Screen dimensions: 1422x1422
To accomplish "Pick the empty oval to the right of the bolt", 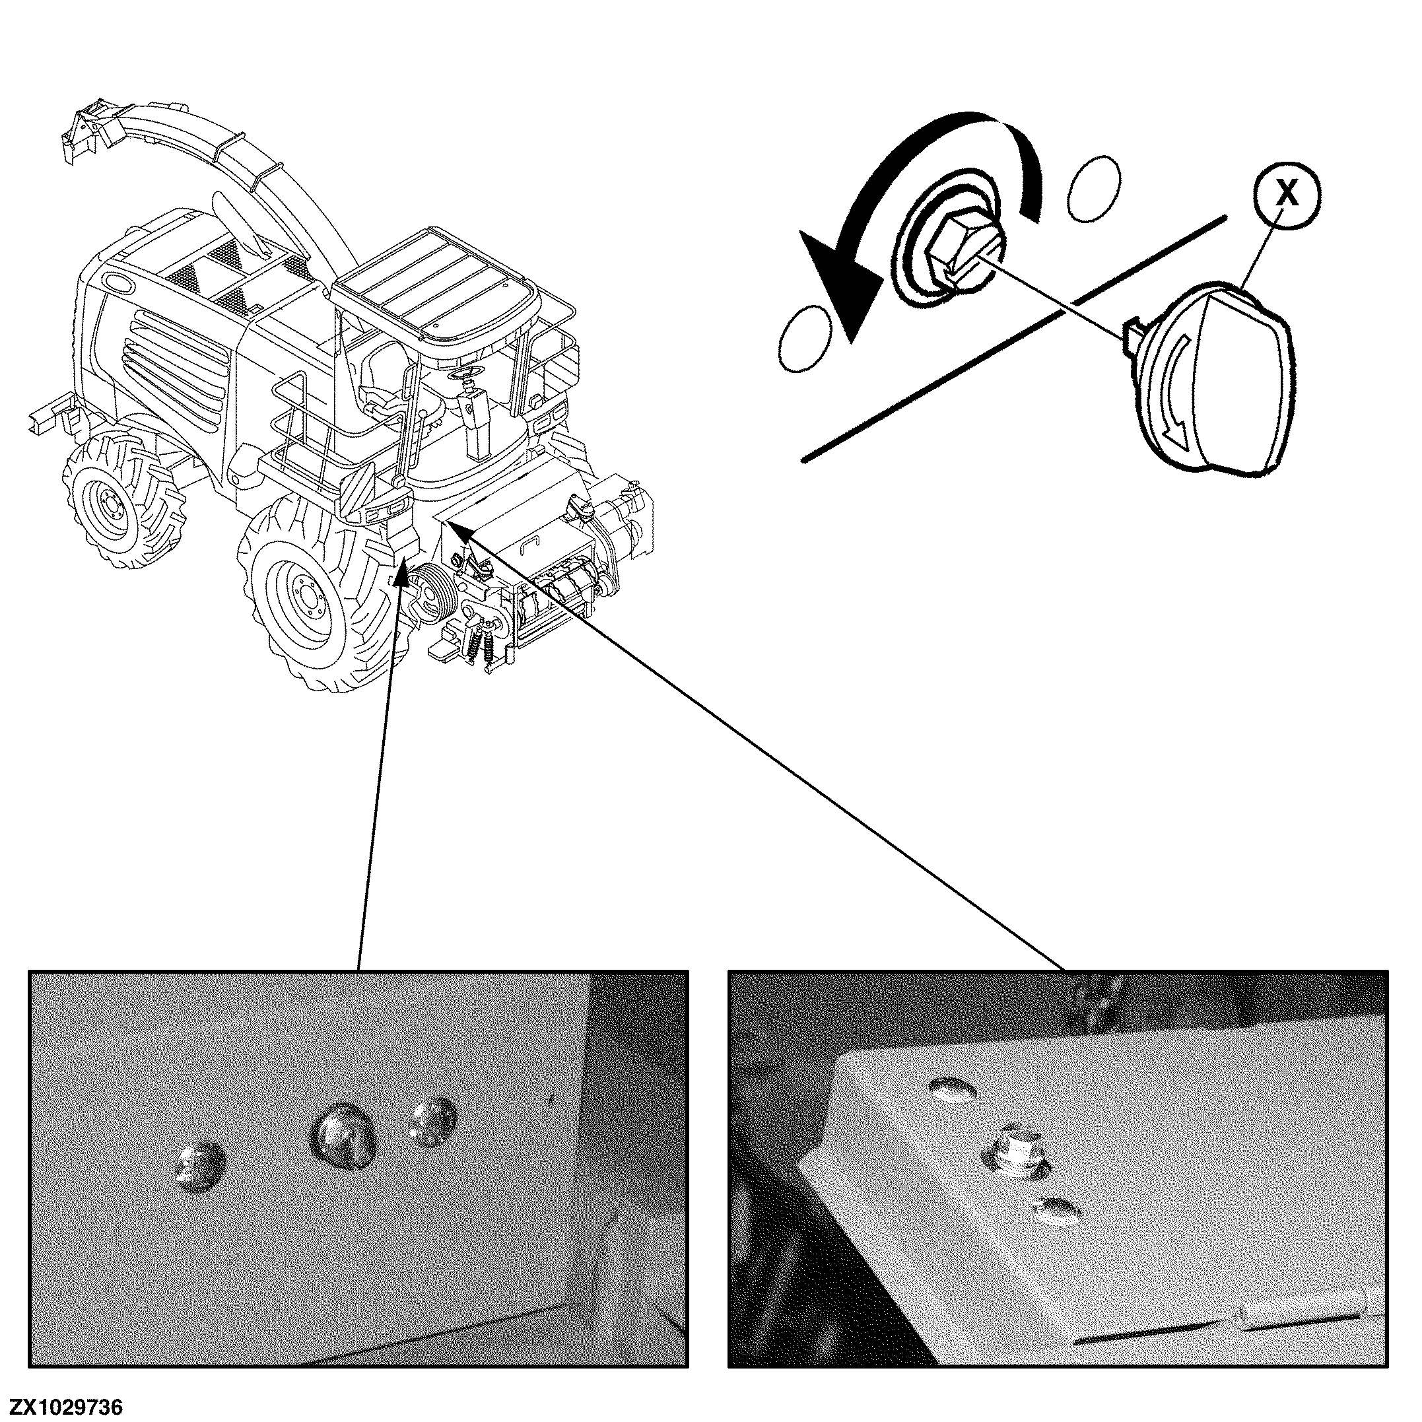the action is [1095, 188].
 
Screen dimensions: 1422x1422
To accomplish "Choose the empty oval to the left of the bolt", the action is [805, 338].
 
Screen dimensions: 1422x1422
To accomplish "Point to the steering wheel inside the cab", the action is [463, 378].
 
